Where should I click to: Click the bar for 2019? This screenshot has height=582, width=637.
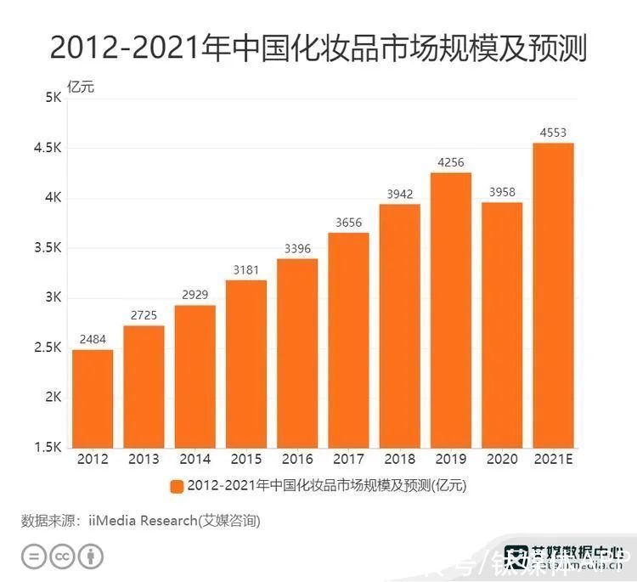(450, 310)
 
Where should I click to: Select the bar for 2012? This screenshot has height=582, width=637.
(92, 398)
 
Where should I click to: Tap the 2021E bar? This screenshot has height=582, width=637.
(553, 295)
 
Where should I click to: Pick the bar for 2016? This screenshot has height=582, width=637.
(296, 353)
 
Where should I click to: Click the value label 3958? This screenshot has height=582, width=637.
(502, 192)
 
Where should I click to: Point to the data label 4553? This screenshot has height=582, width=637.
(553, 133)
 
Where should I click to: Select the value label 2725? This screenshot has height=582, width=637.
(144, 315)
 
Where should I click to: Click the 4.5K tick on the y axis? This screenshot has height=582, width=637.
(48, 148)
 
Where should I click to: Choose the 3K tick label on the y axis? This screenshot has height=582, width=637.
(53, 297)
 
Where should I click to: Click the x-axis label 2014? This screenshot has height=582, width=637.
(194, 460)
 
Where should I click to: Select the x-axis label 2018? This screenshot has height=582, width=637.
(399, 460)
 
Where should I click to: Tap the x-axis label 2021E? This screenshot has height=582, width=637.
(553, 460)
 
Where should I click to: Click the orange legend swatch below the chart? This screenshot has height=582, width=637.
(177, 486)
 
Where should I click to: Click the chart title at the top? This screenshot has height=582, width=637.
(318, 48)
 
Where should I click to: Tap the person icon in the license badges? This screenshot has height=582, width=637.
(91, 557)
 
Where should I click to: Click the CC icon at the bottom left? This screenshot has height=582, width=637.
(61, 557)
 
